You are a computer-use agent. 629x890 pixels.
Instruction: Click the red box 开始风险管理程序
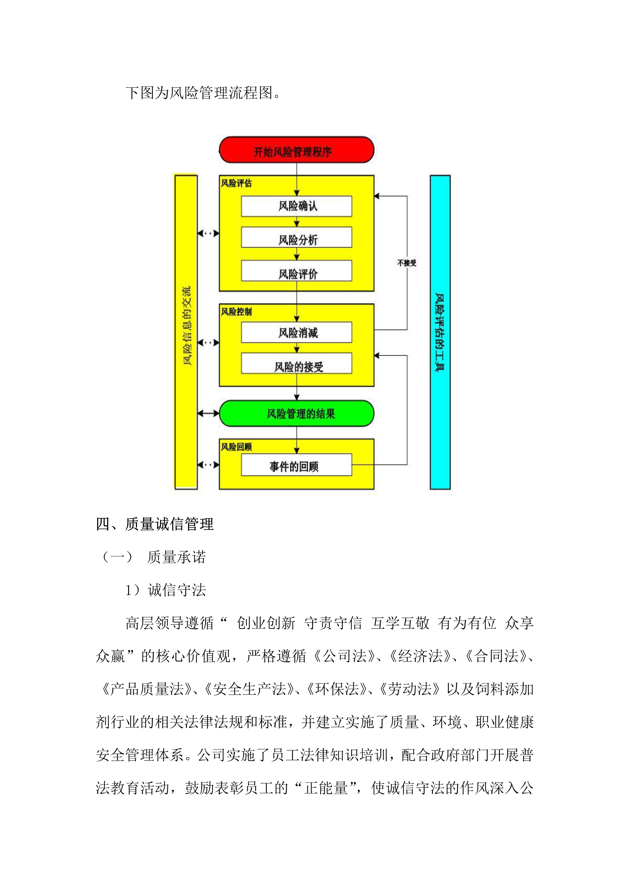[297, 150]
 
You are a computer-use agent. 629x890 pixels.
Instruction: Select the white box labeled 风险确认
[297, 206]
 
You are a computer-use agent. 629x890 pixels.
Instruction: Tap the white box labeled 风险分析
[297, 237]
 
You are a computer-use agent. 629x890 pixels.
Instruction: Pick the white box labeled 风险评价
[297, 271]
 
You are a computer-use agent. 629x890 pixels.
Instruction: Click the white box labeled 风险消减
[297, 332]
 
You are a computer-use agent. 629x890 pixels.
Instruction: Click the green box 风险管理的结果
[297, 414]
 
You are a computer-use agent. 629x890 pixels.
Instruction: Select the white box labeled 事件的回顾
[297, 465]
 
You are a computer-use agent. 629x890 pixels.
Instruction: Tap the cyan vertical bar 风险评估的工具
[440, 332]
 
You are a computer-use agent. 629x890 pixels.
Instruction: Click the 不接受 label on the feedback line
[407, 263]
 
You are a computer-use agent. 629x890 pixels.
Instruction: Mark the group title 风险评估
[236, 183]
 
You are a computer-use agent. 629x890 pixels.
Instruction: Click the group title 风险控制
[236, 312]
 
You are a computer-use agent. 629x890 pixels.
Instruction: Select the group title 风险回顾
[236, 447]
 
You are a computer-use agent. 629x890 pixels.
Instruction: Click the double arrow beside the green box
[208, 414]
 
